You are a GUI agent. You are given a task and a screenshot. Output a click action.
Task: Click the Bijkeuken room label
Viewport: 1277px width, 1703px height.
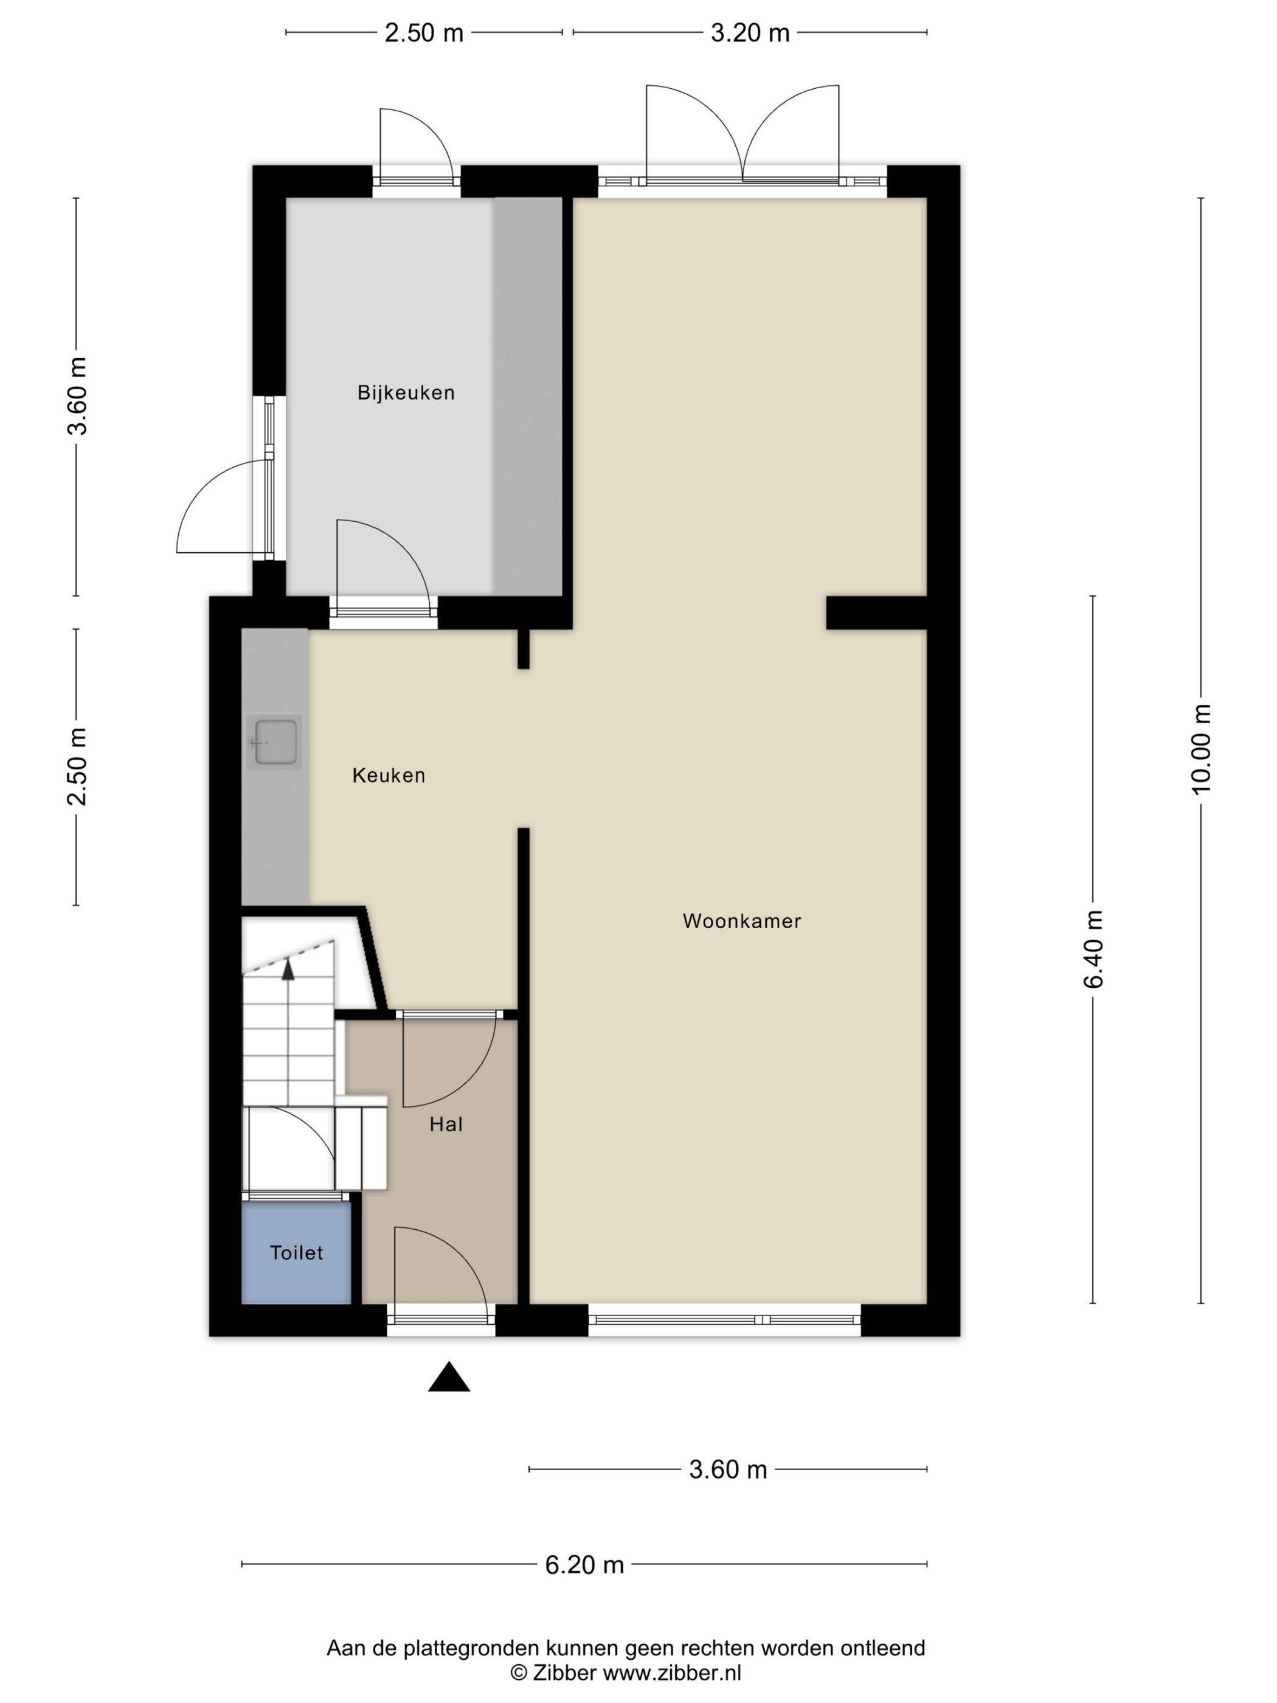tap(406, 393)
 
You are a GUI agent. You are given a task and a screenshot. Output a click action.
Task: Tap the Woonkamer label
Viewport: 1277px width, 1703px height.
tap(741, 921)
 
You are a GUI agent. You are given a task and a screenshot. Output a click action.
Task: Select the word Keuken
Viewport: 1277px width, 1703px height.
tap(389, 775)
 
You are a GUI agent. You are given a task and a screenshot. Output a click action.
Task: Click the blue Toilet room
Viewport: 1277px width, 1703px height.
tap(296, 1255)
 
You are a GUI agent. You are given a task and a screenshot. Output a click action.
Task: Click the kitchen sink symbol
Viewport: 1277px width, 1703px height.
tap(275, 742)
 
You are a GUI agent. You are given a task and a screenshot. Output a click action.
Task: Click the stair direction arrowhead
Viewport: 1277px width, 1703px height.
tap(288, 969)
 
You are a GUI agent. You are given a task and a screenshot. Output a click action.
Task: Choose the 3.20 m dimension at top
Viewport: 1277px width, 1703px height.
tap(750, 33)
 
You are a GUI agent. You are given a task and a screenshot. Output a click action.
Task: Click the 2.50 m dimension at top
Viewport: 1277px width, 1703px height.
tap(424, 33)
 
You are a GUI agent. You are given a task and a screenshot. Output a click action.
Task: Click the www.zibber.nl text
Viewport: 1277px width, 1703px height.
tap(671, 1672)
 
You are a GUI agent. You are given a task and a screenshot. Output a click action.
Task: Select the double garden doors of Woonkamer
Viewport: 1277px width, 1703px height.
tap(742, 135)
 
